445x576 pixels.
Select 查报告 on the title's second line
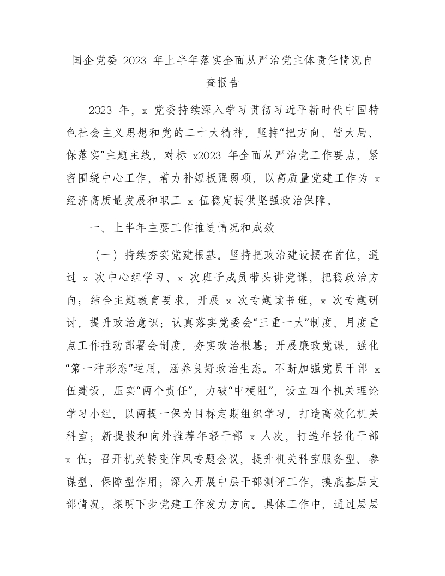[222, 83]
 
